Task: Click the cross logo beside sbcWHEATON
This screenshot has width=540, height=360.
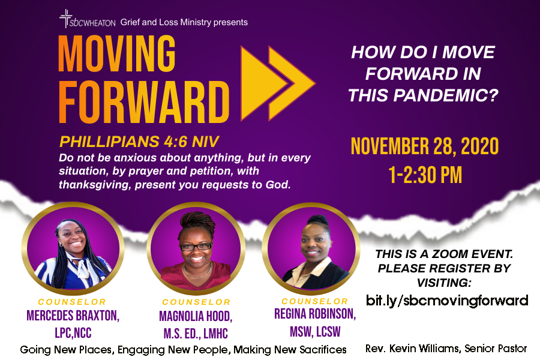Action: tap(65, 19)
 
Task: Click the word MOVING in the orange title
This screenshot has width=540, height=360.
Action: tap(117, 54)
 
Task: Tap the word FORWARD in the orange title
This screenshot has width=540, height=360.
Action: tap(144, 102)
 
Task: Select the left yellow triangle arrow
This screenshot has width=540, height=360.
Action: tap(263, 83)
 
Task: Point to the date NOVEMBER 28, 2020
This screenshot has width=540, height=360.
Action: tap(425, 146)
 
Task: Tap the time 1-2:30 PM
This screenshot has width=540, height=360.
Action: tap(425, 175)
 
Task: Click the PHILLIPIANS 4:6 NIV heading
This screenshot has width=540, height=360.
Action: tap(139, 142)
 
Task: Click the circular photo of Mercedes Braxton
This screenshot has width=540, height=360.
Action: tap(73, 248)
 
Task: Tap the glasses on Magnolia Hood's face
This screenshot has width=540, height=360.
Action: tap(196, 247)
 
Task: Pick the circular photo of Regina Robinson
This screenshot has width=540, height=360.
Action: tap(311, 248)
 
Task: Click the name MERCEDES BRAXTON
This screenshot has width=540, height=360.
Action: tap(73, 316)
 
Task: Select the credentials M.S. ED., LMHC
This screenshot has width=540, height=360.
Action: tap(196, 334)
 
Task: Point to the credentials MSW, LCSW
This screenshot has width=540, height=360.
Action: tap(315, 332)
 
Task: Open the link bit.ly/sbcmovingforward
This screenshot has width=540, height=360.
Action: tap(446, 301)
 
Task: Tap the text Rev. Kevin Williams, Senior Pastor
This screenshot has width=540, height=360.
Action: tap(446, 349)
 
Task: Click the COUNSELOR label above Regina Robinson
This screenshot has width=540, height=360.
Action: tap(315, 301)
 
